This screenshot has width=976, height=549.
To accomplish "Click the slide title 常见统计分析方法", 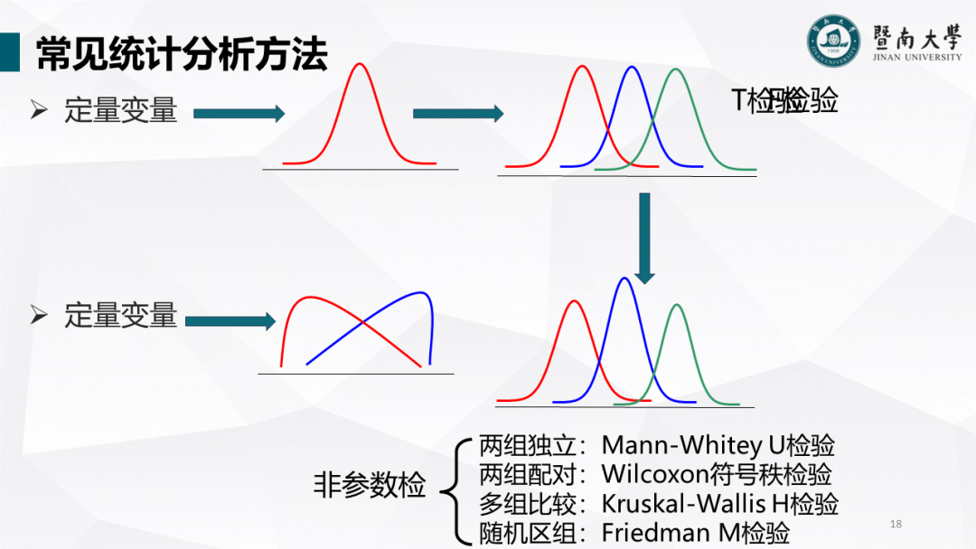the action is pyautogui.click(x=181, y=56).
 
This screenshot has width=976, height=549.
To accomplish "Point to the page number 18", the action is pyautogui.click(x=896, y=524).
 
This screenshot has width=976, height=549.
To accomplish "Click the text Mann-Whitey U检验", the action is pyautogui.click(x=718, y=445).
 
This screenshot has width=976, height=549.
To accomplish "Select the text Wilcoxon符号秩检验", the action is pyautogui.click(x=717, y=474).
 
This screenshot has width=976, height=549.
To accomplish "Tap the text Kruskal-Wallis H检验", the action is pyautogui.click(x=720, y=503).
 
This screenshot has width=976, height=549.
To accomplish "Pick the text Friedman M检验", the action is pyautogui.click(x=696, y=533).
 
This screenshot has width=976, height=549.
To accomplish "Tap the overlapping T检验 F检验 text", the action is pyautogui.click(x=784, y=101).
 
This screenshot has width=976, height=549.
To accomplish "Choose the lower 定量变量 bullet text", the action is pyautogui.click(x=120, y=315).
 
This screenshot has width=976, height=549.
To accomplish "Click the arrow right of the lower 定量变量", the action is pyautogui.click(x=230, y=321).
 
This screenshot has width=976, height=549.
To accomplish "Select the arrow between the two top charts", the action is pyautogui.click(x=457, y=113).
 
